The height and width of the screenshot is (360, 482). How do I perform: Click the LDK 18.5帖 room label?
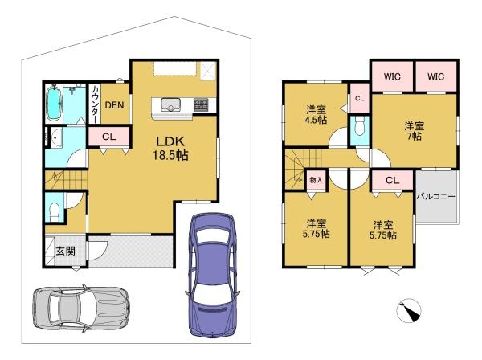[170, 149]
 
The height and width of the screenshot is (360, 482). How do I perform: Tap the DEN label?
[114, 105]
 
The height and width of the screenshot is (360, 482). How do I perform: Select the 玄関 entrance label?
[66, 251]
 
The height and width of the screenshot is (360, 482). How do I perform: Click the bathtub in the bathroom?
[54, 102]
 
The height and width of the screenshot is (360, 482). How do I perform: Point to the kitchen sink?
[170, 104]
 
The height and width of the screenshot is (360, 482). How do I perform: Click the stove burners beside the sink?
[201, 104]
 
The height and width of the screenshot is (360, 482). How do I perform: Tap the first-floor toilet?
[55, 211]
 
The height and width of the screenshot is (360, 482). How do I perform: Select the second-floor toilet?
[359, 127]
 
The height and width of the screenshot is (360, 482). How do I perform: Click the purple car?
[212, 275]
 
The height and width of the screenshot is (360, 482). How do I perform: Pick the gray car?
[81, 309]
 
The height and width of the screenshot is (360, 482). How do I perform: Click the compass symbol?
[409, 310]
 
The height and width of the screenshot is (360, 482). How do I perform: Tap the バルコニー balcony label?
[436, 196]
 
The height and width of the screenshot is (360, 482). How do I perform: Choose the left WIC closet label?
[392, 76]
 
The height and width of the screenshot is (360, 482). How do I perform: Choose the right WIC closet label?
[435, 76]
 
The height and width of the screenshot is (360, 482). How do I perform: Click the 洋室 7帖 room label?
[414, 131]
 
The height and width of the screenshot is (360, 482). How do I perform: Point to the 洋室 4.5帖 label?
[316, 114]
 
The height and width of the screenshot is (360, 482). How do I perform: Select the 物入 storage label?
[316, 180]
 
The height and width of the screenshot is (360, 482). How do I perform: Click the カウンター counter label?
[96, 104]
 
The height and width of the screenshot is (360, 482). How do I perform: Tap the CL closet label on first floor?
[108, 137]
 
